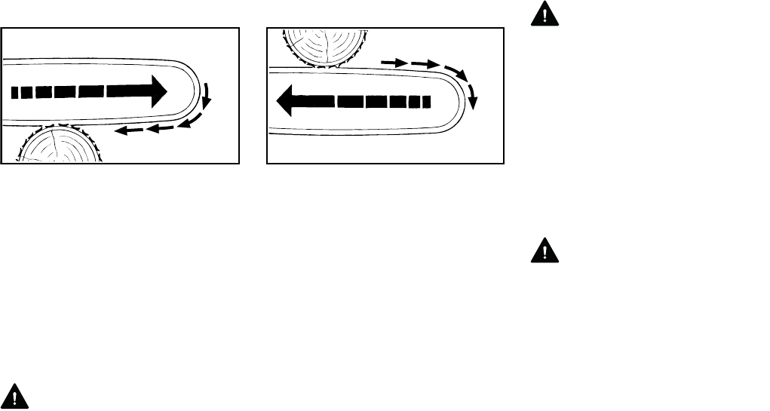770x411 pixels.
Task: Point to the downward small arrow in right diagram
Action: click(473, 98)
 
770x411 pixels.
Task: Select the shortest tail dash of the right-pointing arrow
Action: click(17, 92)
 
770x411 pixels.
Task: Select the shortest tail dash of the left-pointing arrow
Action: click(426, 100)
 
